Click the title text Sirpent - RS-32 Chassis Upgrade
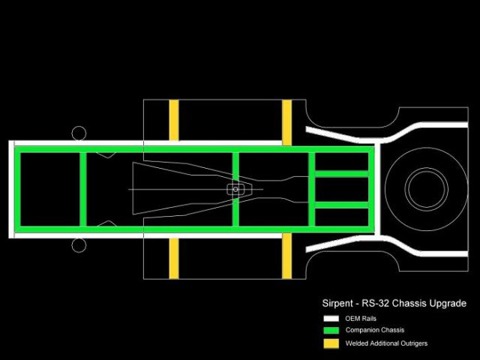389,304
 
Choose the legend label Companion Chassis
374,330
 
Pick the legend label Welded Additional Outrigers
386,343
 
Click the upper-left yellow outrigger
174,120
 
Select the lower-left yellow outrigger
174,258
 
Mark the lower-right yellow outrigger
286,256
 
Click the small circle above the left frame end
79,133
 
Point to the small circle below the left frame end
79,245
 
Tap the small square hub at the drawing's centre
235,189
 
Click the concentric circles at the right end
426,189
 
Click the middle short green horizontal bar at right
341,189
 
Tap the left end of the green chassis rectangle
17,189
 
